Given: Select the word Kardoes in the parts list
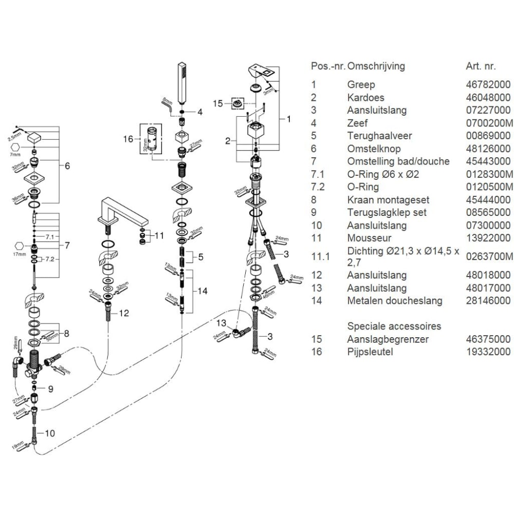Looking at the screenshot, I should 365,98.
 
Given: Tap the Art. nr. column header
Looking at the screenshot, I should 481,66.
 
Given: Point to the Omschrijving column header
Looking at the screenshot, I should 376,66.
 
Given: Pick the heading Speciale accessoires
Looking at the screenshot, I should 394,326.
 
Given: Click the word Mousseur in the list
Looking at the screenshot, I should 369,238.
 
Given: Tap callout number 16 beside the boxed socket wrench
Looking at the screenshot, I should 128,139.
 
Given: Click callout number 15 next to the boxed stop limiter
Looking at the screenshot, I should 218,104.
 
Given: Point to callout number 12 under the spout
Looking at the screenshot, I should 124,313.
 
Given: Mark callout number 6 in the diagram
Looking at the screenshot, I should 67,166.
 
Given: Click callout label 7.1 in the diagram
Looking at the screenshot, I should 49,237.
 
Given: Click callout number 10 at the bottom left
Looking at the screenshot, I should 49,433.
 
